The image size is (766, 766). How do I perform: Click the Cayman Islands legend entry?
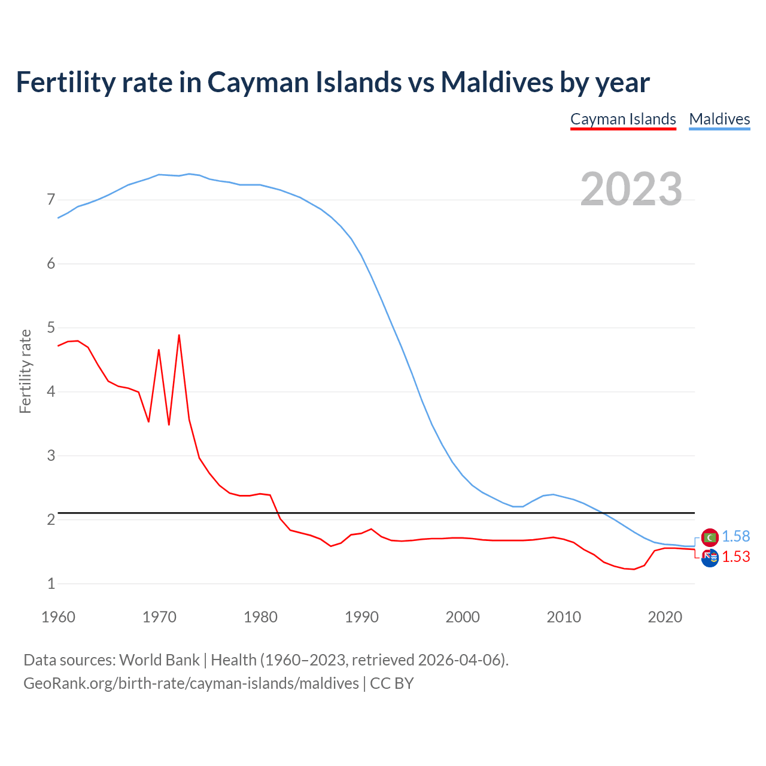(x=623, y=119)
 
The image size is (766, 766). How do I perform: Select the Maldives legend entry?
(x=719, y=119)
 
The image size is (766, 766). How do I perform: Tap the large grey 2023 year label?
(x=631, y=189)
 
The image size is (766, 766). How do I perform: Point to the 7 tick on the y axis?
(x=51, y=199)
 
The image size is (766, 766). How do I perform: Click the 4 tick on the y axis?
(x=51, y=391)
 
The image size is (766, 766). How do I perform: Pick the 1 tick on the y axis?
(x=51, y=583)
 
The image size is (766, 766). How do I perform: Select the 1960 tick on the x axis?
(x=58, y=617)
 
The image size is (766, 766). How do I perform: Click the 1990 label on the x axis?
(x=361, y=617)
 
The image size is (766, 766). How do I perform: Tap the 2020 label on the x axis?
(x=665, y=617)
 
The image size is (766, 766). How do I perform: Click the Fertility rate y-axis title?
(x=25, y=371)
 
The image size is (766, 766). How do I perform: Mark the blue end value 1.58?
(x=735, y=537)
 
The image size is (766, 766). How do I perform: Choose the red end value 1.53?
(x=735, y=557)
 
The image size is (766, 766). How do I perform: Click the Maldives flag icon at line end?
(x=710, y=537)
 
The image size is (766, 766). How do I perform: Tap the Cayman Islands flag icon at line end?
(x=710, y=558)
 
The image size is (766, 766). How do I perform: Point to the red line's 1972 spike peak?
(x=179, y=335)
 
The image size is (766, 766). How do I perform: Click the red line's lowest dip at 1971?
(x=169, y=424)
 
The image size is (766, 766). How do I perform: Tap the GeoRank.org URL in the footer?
(x=191, y=683)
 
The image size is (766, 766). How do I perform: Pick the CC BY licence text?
(x=392, y=683)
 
